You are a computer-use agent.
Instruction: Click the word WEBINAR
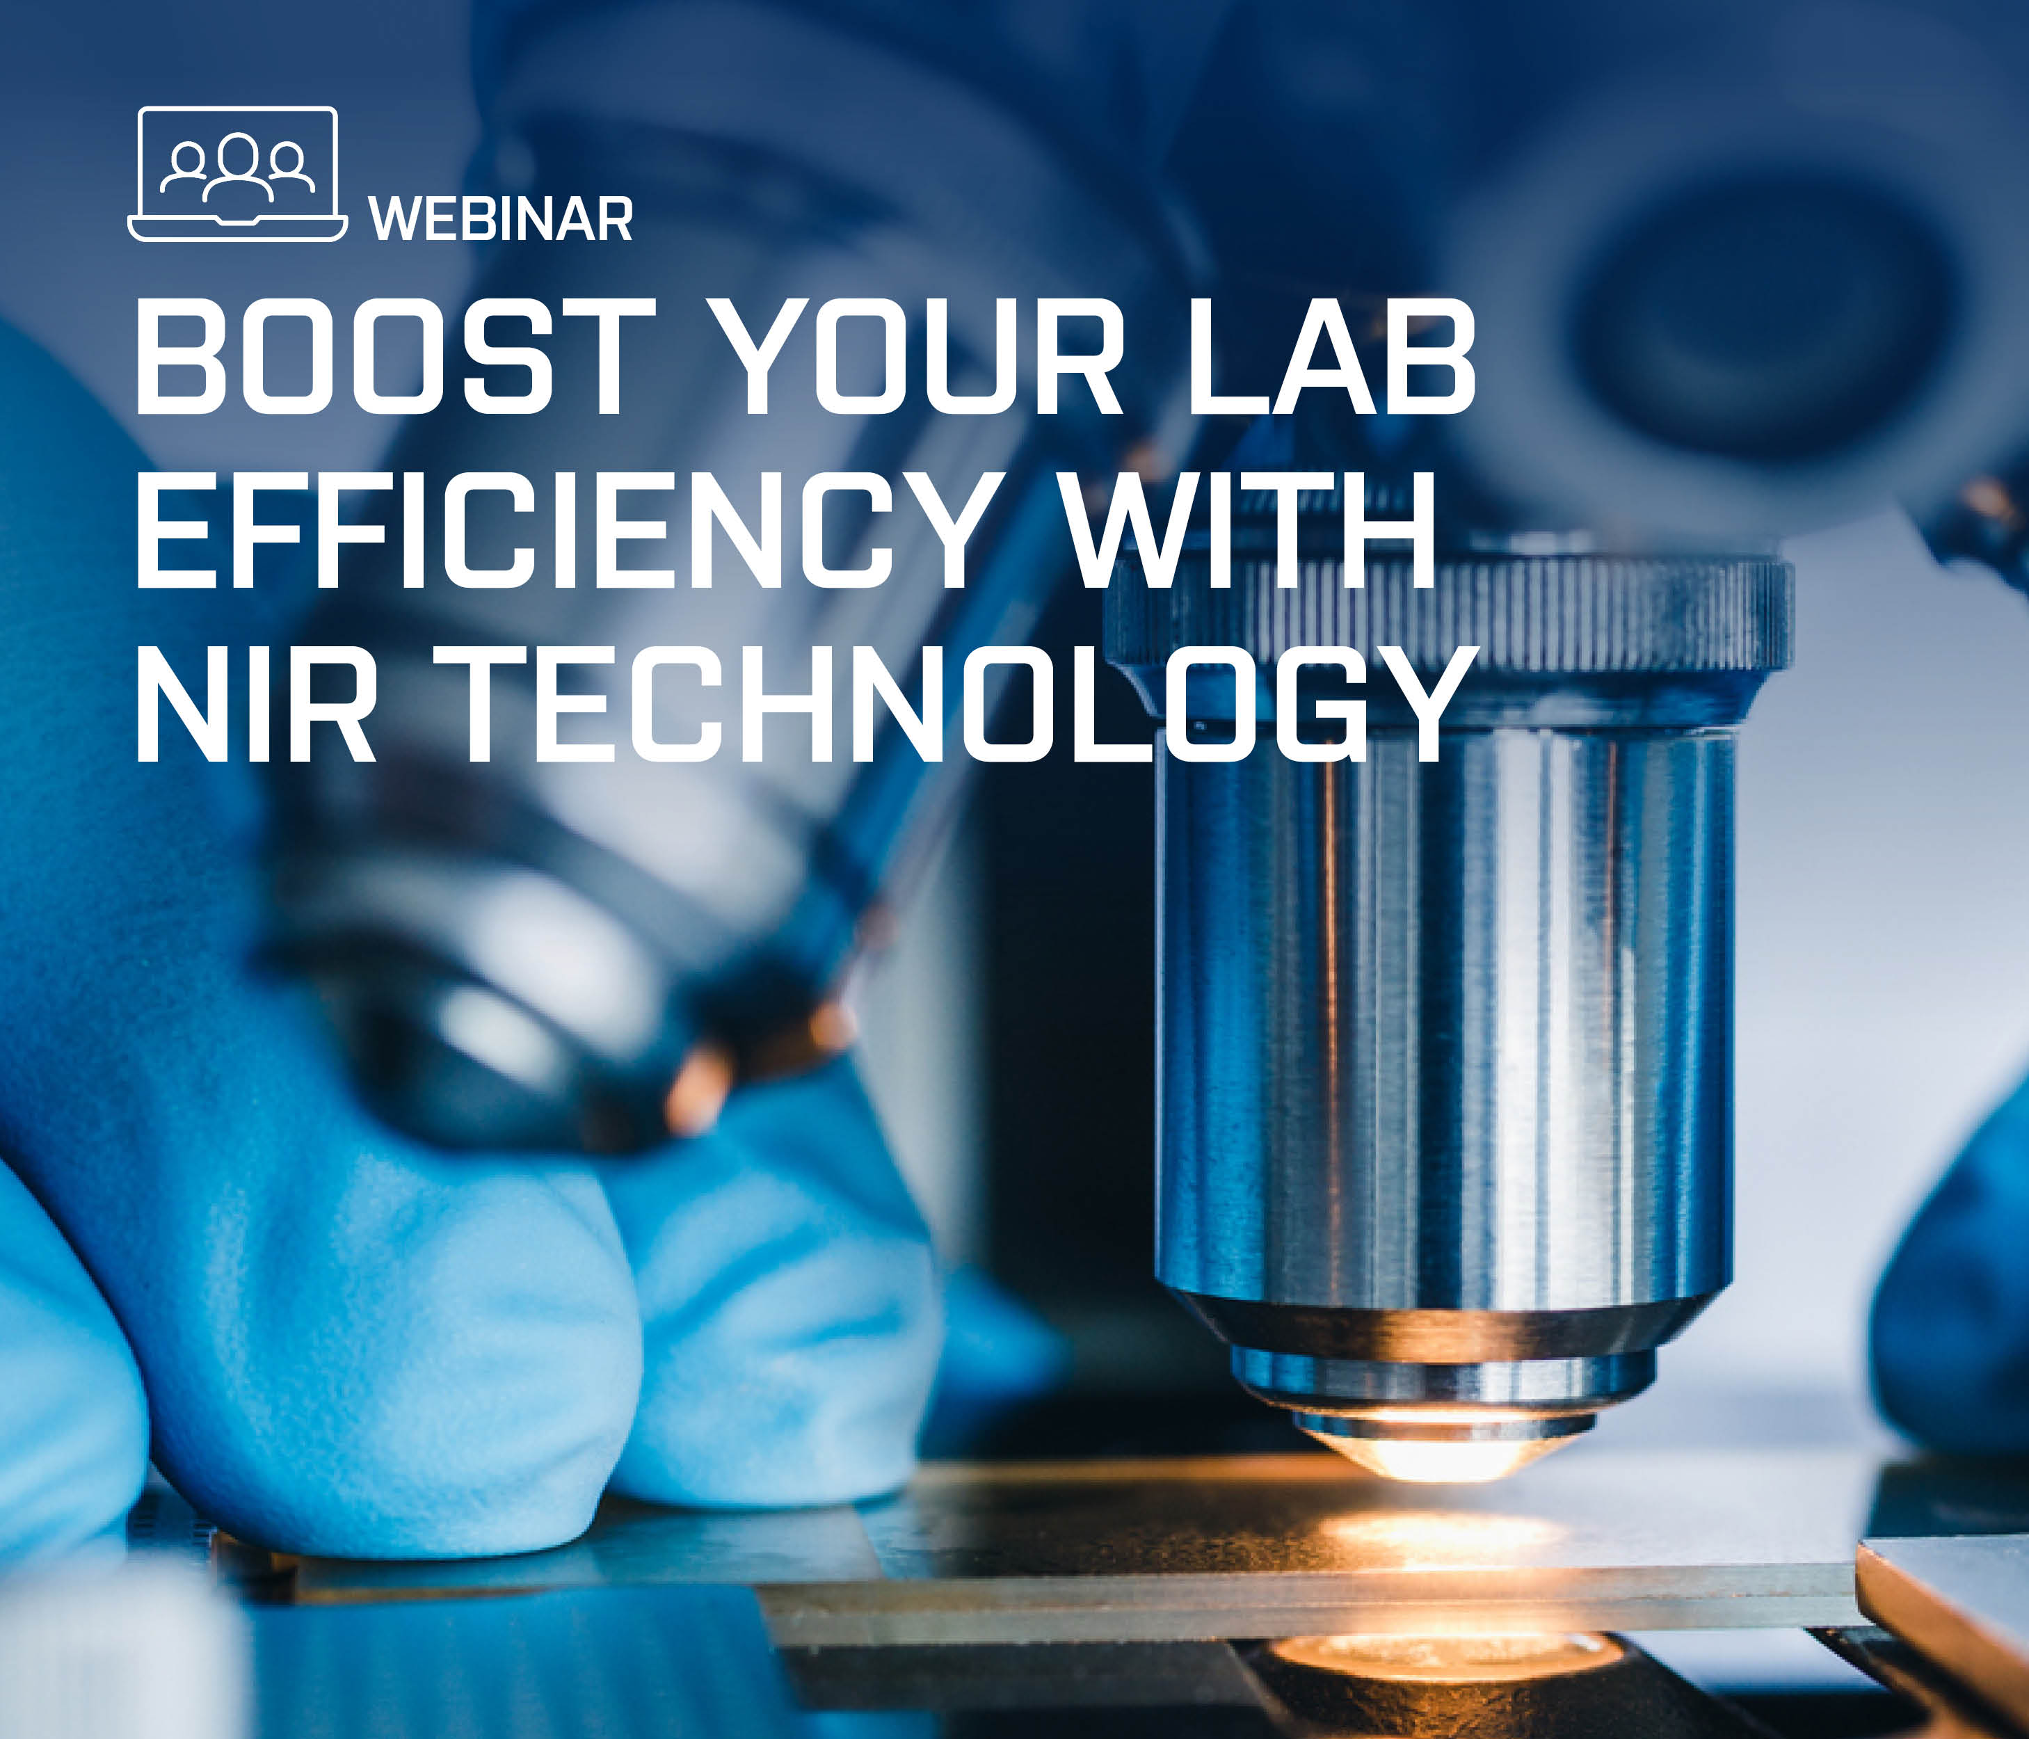pyautogui.click(x=502, y=218)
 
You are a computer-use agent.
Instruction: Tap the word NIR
pyautogui.click(x=255, y=703)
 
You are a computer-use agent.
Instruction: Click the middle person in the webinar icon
pyautogui.click(x=238, y=166)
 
